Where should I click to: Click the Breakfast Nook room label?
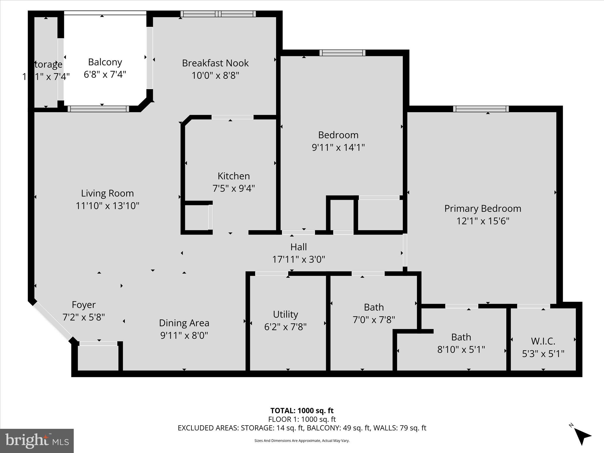[215, 63]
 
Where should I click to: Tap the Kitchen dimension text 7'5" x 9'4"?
[234, 188]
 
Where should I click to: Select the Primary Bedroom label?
[482, 209]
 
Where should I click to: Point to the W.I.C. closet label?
[543, 341]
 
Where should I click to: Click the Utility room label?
[285, 314]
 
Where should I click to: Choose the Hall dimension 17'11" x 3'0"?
[298, 259]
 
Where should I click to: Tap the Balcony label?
[105, 62]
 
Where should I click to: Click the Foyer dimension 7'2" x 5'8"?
[84, 317]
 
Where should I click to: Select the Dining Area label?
[184, 323]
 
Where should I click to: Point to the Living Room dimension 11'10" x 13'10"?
[107, 206]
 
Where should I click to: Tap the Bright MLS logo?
[37, 441]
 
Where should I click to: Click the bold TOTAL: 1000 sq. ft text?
[302, 411]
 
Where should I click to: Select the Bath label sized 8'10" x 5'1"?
[461, 337]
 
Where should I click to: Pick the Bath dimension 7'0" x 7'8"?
[374, 319]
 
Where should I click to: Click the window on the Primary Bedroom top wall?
[481, 109]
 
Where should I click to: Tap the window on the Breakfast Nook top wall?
[218, 14]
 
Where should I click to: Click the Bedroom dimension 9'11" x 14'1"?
[338, 147]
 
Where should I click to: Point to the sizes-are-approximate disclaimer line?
[302, 441]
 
